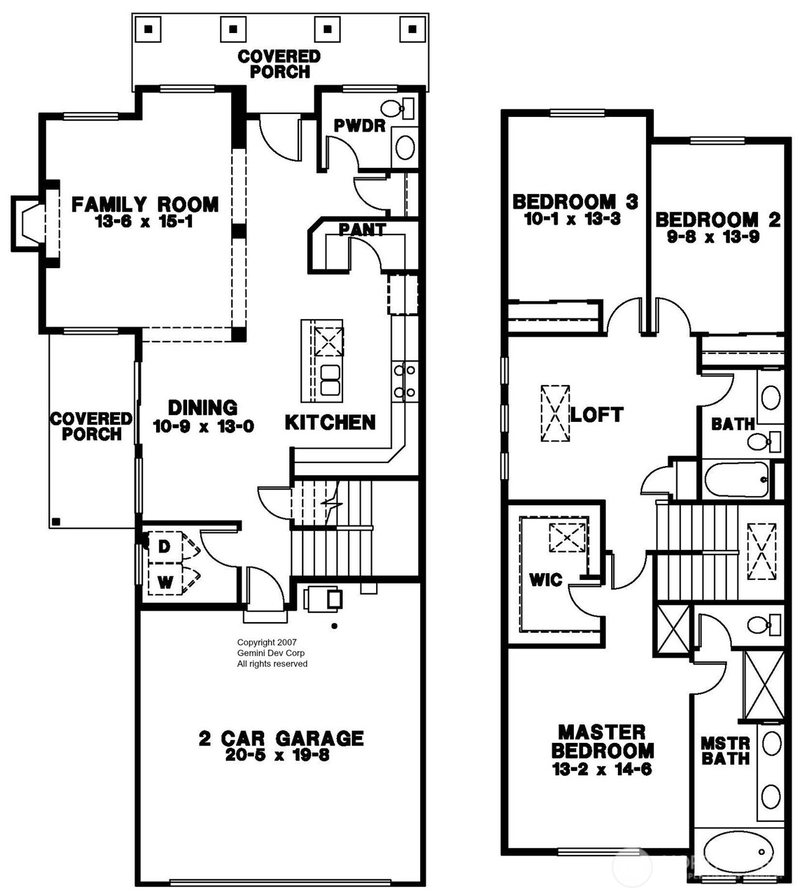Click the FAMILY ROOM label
click(145, 204)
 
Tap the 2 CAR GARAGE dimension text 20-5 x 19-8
click(281, 755)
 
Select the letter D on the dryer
click(164, 546)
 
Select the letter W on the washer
click(165, 582)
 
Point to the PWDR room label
click(359, 126)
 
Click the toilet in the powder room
click(395, 109)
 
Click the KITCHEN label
click(330, 422)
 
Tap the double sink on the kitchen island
click(330, 380)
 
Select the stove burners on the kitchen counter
click(405, 381)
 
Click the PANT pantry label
click(362, 230)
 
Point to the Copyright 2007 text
click(267, 642)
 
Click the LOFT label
click(597, 414)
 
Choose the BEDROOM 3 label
click(575, 201)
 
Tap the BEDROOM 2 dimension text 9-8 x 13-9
click(713, 237)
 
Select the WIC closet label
click(545, 580)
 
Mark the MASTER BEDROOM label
click(602, 741)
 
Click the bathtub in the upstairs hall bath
click(736, 479)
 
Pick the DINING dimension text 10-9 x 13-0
click(203, 427)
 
